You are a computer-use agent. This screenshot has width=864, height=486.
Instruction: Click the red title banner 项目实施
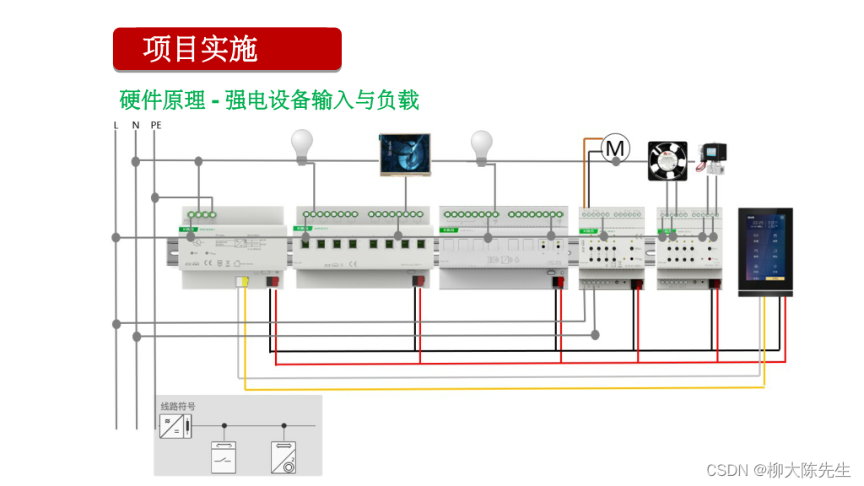click(227, 49)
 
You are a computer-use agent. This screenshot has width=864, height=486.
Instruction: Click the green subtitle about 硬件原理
click(269, 100)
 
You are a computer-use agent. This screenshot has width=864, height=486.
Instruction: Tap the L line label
click(116, 125)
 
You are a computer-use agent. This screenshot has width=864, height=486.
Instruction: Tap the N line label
click(135, 125)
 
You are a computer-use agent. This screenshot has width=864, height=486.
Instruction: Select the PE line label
click(155, 125)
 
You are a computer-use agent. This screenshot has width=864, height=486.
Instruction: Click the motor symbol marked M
click(616, 149)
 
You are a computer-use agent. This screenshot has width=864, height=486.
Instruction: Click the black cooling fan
click(667, 160)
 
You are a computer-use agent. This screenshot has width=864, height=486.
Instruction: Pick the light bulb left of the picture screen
click(302, 145)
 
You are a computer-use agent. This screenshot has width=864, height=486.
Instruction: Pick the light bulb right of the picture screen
click(481, 145)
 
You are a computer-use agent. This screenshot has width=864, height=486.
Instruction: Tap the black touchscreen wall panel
click(765, 251)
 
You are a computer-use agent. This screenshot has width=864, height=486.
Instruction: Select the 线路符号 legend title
click(178, 407)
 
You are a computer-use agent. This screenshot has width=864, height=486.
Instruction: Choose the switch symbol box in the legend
click(224, 457)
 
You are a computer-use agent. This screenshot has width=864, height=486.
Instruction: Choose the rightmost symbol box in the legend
click(284, 457)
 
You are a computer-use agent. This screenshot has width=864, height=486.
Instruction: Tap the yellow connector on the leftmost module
click(242, 282)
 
